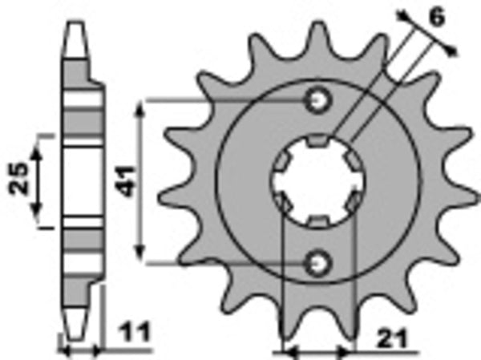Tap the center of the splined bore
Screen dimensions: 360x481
(318, 181)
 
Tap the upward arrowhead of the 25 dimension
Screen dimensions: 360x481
(36, 144)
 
